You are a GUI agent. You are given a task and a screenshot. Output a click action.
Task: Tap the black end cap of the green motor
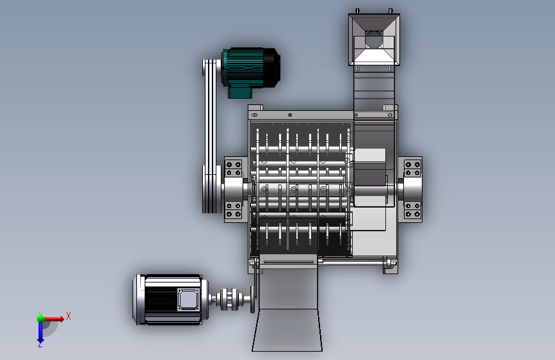(272, 68)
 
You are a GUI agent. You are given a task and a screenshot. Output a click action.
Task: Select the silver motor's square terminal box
(189, 299)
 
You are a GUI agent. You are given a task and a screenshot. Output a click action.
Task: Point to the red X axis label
(68, 316)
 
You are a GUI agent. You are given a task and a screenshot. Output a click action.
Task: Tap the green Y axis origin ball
(40, 318)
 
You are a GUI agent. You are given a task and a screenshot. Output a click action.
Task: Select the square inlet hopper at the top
(374, 40)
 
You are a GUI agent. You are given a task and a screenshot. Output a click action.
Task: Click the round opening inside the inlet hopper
(374, 39)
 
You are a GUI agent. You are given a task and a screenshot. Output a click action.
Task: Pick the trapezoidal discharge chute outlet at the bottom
(287, 330)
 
